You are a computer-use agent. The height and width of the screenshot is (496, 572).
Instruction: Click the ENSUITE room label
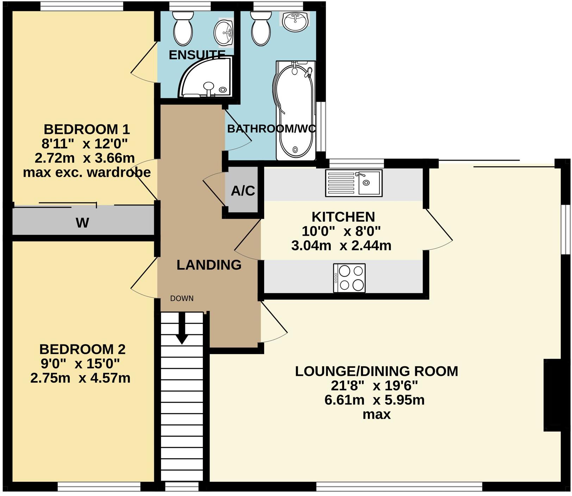(197, 55)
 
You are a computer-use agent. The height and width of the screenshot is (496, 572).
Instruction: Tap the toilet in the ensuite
(183, 29)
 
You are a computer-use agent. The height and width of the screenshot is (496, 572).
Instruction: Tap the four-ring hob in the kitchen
(349, 278)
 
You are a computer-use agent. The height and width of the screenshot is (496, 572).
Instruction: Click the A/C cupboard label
(243, 191)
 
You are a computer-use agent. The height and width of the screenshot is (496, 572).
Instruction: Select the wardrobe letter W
(82, 223)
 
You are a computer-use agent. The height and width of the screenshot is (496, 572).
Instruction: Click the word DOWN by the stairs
(182, 298)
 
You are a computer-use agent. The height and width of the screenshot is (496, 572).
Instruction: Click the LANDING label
(209, 265)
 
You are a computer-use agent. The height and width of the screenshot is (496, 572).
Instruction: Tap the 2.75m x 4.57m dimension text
(80, 378)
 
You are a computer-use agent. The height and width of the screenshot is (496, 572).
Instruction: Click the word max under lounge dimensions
(377, 414)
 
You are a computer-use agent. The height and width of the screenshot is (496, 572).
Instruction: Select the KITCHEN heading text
(343, 216)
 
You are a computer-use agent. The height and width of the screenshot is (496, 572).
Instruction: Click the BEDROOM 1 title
(87, 129)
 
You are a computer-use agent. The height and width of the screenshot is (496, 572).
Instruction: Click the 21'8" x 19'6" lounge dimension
(374, 386)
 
